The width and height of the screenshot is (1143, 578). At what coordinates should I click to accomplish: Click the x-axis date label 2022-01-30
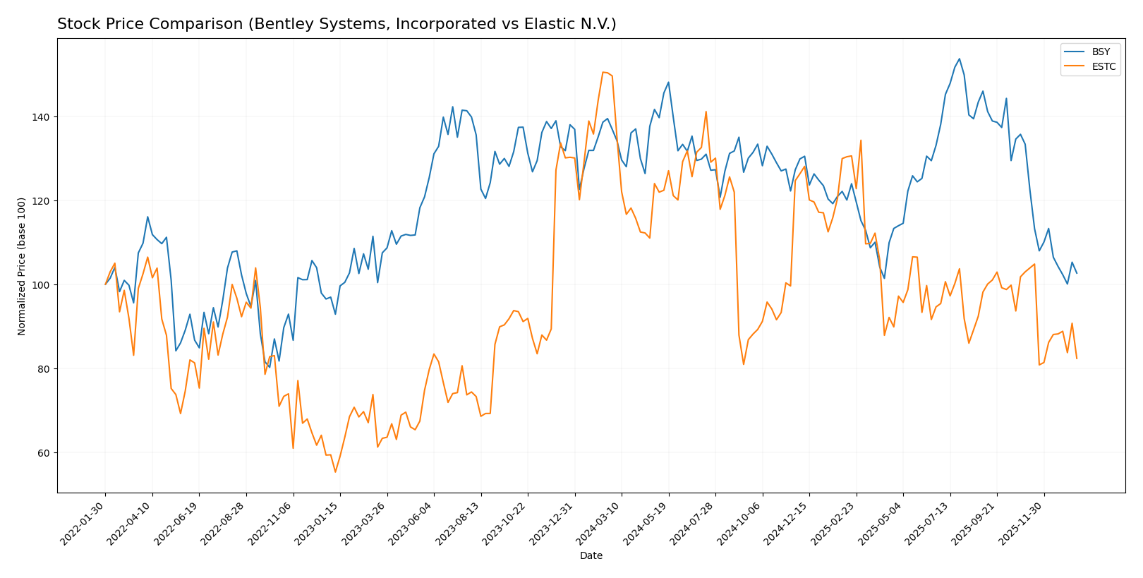[83, 523]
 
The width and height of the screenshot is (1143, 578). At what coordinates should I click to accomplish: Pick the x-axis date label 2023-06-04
[412, 523]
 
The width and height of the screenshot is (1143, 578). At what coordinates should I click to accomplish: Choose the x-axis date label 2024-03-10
[600, 523]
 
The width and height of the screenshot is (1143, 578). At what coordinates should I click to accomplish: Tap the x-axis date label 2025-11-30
[1022, 523]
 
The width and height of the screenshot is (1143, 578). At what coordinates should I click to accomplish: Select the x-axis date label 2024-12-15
[787, 523]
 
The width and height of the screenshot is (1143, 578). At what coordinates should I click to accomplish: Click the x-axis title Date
[591, 556]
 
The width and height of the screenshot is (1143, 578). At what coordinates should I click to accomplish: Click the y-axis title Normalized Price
[22, 266]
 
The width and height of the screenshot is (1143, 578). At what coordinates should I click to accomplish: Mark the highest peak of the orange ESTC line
[603, 72]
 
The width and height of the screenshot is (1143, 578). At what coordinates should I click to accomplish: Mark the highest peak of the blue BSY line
[959, 59]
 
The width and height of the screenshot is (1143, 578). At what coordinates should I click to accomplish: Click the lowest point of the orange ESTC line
[335, 472]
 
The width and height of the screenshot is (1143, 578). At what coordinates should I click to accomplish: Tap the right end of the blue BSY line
[1077, 273]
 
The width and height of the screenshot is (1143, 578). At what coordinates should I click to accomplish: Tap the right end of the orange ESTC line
[1077, 359]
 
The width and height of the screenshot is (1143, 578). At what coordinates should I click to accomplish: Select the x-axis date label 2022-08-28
[224, 523]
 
